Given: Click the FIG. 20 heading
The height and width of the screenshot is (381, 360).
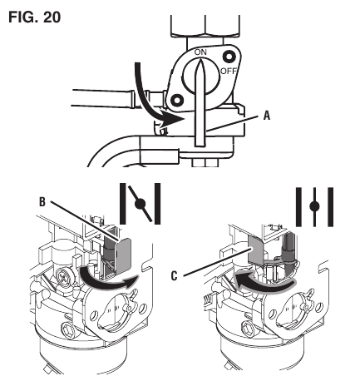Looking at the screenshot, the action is pos(35,17).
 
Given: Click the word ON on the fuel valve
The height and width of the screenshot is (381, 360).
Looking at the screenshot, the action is pos(200,52).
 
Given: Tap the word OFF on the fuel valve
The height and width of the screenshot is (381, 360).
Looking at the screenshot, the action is pos(229,72).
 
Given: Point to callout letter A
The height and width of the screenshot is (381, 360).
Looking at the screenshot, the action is pos(266,116).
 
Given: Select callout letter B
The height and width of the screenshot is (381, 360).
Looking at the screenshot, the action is pos(42,201).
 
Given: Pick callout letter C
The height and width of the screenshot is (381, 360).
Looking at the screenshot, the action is pos(174,276).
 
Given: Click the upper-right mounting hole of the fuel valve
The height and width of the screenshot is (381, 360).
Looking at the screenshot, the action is pos(229,57).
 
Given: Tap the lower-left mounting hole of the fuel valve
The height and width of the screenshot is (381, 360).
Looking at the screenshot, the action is pos(177,100).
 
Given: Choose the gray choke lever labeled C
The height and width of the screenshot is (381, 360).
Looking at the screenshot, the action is pos(256,250).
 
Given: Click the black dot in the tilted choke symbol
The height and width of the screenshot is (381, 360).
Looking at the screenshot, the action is pos(140,205).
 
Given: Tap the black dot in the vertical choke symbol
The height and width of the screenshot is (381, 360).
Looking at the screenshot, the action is pos(314,206).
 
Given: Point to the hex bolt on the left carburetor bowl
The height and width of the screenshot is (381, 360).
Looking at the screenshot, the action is pos(68,328).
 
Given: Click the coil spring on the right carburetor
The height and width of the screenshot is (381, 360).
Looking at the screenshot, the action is pos(208,300).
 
